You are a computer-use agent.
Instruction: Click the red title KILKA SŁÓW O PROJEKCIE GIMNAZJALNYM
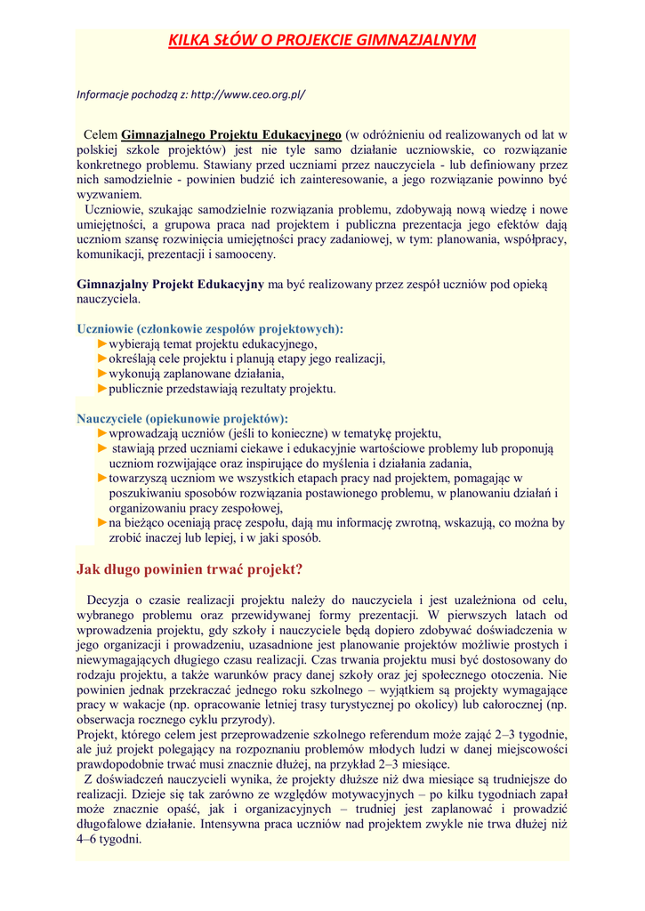322,40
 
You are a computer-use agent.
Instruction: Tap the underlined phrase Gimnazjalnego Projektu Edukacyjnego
231,134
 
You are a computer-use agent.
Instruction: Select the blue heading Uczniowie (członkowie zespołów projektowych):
210,328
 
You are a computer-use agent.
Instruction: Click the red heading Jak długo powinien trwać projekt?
190,568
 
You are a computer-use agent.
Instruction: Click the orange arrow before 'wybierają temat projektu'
102,343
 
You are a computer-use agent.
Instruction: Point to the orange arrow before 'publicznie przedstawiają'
102,389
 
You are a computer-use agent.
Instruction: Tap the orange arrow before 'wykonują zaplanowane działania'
102,374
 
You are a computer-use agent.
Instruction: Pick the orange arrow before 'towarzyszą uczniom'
102,478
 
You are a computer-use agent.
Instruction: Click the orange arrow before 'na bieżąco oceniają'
102,523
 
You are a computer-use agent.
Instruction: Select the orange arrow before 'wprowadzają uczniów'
102,432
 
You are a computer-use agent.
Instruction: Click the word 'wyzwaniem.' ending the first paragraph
109,194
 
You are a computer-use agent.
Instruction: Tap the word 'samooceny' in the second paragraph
246,254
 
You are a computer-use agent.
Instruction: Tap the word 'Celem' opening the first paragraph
101,134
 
